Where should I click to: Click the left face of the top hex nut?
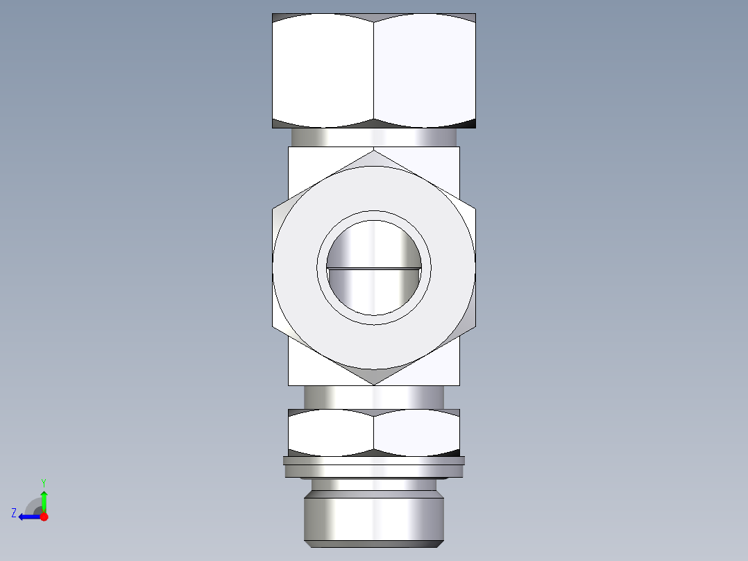(x=323, y=71)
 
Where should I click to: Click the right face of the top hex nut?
(x=425, y=71)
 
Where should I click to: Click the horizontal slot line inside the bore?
(x=374, y=267)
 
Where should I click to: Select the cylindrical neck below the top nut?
(x=374, y=137)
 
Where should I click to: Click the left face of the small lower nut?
(x=331, y=432)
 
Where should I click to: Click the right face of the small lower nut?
(x=416, y=432)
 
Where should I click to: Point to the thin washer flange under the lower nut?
(x=374, y=460)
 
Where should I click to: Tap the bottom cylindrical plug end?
(x=374, y=517)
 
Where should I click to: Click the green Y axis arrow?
(x=44, y=499)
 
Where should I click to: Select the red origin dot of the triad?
(x=44, y=517)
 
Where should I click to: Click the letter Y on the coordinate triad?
(x=43, y=482)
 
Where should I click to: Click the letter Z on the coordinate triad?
(x=14, y=513)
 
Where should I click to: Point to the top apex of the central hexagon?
(x=374, y=150)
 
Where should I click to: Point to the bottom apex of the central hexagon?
(x=374, y=384)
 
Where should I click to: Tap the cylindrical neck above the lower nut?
(x=374, y=398)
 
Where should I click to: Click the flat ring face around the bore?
(x=298, y=267)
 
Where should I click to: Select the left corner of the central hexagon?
(x=273, y=267)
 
